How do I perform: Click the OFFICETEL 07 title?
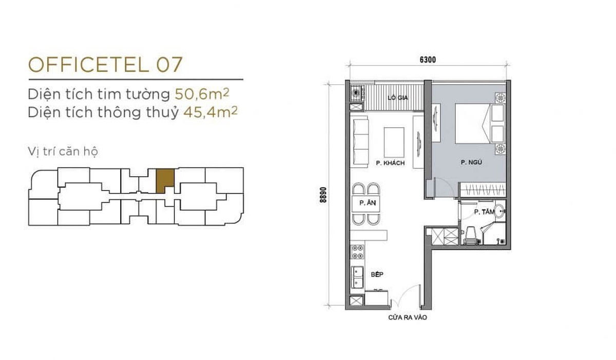105,65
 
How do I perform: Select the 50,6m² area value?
202,94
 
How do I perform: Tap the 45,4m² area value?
210,111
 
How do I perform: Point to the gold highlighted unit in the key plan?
165,181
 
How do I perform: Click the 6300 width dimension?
428,60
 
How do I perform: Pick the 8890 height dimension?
323,195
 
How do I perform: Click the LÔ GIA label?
398,98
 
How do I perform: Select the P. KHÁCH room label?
390,163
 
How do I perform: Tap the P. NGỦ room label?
471,162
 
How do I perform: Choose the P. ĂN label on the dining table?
368,203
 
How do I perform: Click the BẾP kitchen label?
377,274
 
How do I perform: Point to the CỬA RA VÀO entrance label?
407,318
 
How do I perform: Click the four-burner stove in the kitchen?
357,252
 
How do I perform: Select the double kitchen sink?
357,277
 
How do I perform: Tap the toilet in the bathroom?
471,236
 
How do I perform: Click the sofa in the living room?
360,142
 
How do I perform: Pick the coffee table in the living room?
394,142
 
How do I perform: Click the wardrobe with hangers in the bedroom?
483,190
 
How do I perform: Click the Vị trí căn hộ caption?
63,151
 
